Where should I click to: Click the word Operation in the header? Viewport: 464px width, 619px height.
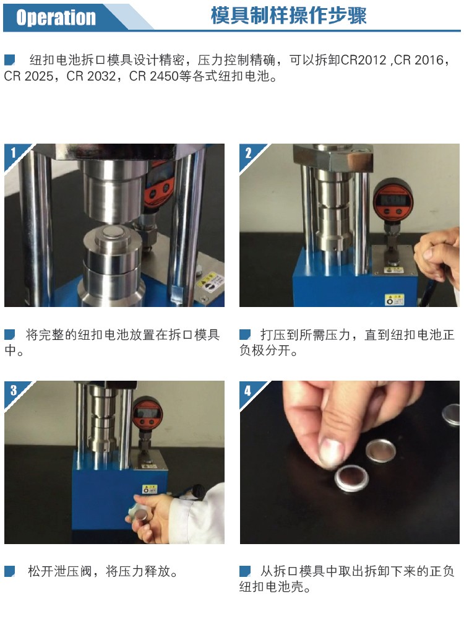[56, 17]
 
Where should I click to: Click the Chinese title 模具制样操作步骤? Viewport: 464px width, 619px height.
[289, 16]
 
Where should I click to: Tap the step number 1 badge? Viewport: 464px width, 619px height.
[14, 152]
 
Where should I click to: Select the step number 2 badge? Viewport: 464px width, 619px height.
[248, 153]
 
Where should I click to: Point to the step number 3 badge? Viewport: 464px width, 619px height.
[14, 390]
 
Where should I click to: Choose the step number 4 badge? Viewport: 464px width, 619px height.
[248, 391]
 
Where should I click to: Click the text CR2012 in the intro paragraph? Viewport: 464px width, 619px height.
[363, 60]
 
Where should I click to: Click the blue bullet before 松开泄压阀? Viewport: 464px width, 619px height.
[9, 571]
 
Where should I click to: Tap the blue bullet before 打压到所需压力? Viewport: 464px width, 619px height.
[245, 335]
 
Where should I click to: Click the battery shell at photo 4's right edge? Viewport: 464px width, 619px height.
[451, 413]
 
